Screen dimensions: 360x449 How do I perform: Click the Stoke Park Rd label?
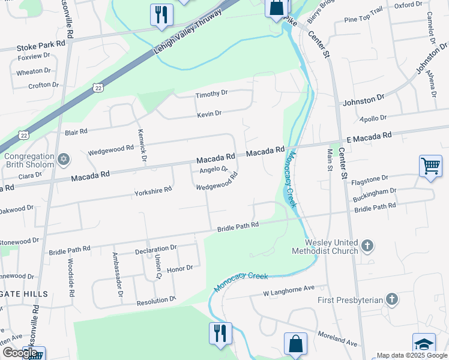(x=40, y=46)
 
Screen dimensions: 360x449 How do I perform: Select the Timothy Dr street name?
(x=211, y=94)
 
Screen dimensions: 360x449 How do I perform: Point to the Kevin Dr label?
(x=209, y=113)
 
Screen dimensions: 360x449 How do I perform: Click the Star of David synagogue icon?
(x=63, y=160)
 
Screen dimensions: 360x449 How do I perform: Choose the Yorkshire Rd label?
(x=153, y=189)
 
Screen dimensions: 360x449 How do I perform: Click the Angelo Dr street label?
(x=214, y=170)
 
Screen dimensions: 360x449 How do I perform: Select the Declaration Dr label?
(x=156, y=247)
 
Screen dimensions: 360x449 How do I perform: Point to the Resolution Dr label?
(x=156, y=298)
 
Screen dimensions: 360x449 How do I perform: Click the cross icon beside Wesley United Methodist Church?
(x=367, y=246)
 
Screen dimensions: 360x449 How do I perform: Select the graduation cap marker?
(x=424, y=344)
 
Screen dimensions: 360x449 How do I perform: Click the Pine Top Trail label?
(x=363, y=19)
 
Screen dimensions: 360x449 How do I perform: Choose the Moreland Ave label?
(x=338, y=344)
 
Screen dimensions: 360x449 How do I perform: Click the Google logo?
(x=20, y=353)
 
